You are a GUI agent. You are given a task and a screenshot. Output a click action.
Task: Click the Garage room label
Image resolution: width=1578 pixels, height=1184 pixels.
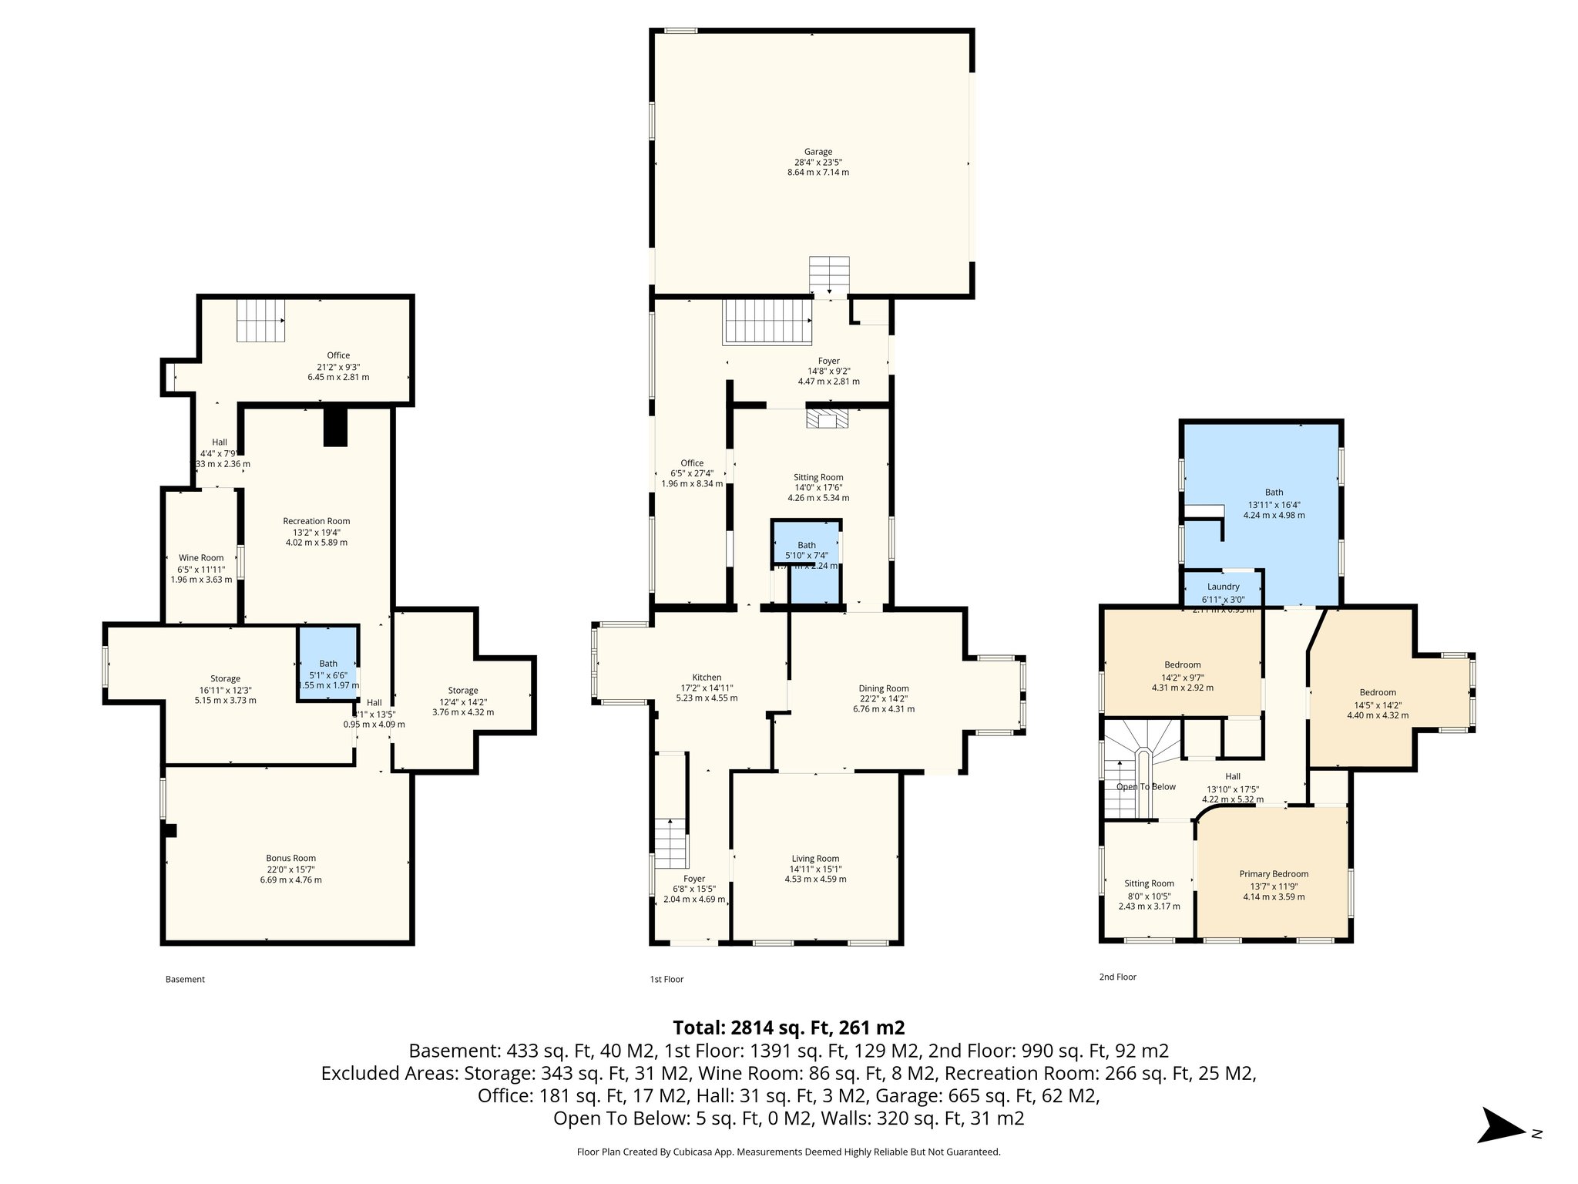tap(818, 152)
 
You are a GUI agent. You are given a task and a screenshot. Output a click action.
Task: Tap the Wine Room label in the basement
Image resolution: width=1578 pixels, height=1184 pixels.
tap(201, 558)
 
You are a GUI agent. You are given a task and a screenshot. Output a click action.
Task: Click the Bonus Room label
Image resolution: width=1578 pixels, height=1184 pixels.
tap(290, 858)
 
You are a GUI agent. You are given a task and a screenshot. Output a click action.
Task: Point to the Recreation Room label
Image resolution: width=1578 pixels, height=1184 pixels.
tap(316, 521)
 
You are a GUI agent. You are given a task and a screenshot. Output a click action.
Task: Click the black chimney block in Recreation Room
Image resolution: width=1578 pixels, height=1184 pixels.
tap(336, 427)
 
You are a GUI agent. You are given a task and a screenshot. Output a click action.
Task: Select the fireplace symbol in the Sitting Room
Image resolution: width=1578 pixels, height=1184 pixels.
tap(827, 419)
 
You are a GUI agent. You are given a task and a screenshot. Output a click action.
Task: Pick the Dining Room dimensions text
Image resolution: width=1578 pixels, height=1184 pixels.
tap(883, 704)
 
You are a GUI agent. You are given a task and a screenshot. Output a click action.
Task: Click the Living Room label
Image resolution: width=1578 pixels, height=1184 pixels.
tap(815, 859)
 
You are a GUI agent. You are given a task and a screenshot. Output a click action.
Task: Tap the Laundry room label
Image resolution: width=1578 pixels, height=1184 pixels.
tap(1224, 587)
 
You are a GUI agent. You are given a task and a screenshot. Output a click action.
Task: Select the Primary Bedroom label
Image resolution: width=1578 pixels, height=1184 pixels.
tap(1274, 874)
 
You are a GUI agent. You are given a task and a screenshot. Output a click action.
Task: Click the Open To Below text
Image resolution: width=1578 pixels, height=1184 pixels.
tap(1146, 787)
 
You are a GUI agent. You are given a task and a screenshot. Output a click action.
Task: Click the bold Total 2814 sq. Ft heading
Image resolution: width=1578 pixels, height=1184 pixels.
tap(788, 1028)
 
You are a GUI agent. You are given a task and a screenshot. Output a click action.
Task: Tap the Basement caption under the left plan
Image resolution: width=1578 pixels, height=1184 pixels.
tap(185, 980)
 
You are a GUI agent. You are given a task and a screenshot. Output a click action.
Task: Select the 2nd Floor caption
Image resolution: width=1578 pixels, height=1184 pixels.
tap(1117, 977)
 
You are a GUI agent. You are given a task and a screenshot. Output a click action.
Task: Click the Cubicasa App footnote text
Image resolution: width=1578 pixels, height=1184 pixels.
tap(788, 1152)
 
